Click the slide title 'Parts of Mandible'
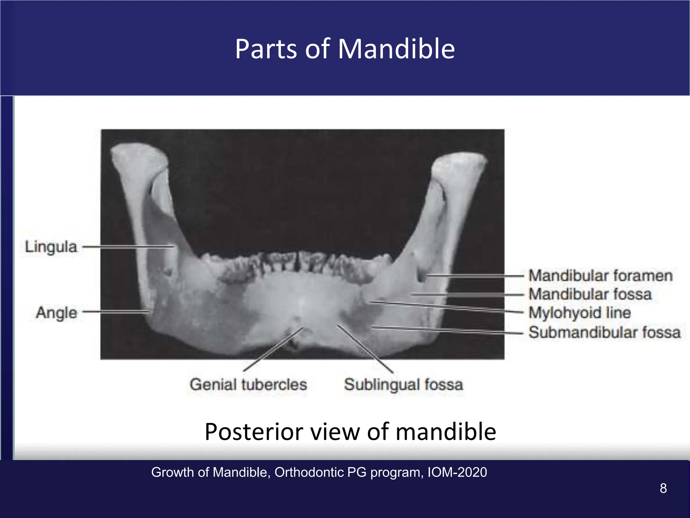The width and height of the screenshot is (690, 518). click(345, 49)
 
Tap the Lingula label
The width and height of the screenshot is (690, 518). click(51, 247)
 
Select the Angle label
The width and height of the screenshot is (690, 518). click(57, 313)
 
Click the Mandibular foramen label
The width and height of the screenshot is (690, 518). click(600, 276)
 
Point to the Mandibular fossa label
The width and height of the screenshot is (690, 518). click(590, 294)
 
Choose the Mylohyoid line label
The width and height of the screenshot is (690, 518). click(579, 313)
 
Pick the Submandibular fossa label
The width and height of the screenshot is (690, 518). click(604, 332)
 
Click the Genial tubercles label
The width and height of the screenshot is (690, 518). click(248, 384)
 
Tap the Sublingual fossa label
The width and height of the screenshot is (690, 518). click(403, 384)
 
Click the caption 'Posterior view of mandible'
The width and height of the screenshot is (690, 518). click(350, 432)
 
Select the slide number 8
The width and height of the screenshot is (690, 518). click(663, 488)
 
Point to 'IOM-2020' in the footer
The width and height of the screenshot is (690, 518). click(457, 472)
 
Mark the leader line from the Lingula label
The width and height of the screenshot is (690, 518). click(128, 247)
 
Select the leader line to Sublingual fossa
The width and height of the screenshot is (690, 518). click(366, 349)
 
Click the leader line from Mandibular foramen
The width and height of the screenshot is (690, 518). click(475, 276)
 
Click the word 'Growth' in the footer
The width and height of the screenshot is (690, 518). click(173, 472)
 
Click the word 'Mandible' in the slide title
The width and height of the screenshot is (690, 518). click(396, 49)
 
